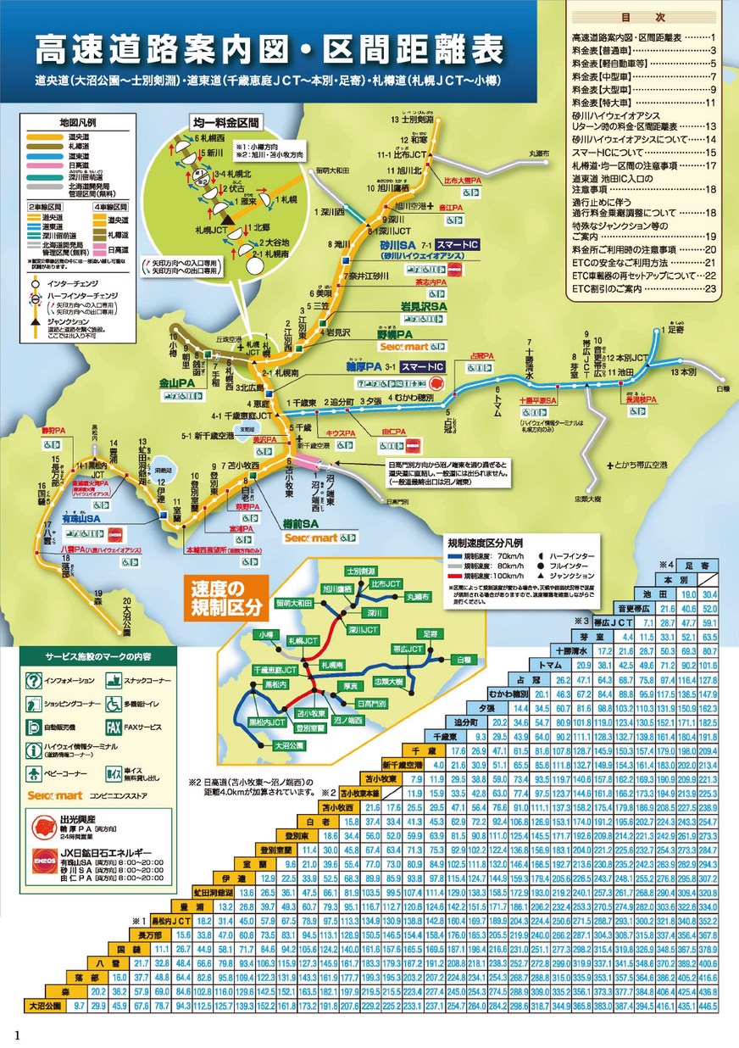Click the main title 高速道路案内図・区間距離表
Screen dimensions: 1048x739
pos(268,51)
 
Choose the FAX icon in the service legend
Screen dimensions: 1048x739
pos(114,727)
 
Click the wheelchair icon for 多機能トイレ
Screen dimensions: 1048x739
pos(114,704)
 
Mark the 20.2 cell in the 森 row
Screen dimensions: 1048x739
pos(97,990)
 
